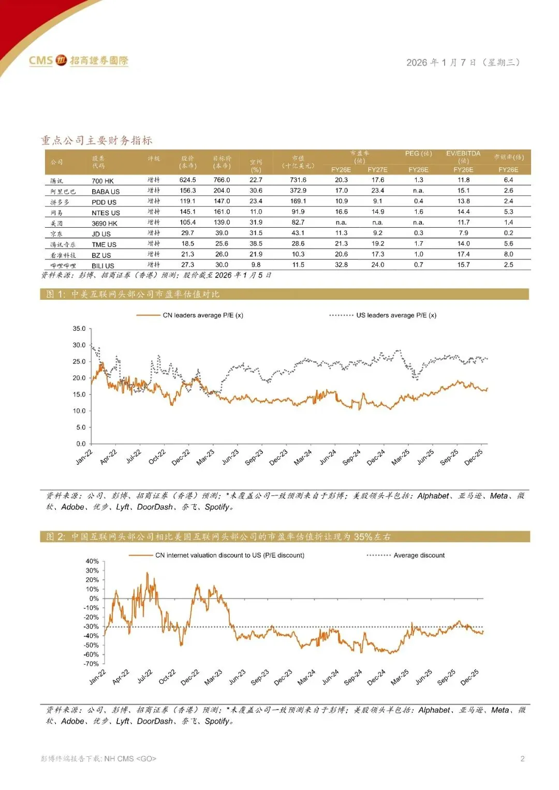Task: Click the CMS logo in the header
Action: [x=78, y=61]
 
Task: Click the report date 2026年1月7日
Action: [x=463, y=63]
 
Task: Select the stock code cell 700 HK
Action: [x=102, y=181]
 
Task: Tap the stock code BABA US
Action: [x=106, y=192]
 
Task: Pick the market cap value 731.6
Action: [x=298, y=180]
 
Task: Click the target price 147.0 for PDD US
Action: [x=222, y=201]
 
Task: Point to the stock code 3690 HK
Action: [x=105, y=224]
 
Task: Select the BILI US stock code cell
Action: [x=103, y=266]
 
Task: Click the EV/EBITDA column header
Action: [x=463, y=154]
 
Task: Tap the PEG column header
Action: [x=418, y=154]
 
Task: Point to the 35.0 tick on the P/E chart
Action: [x=79, y=329]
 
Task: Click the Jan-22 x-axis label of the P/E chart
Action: [x=84, y=457]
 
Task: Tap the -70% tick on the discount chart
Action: [x=92, y=664]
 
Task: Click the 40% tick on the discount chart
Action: [x=92, y=561]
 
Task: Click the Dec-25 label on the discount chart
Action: [x=469, y=677]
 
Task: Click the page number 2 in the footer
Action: [x=522, y=759]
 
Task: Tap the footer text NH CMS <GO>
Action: [x=130, y=759]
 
